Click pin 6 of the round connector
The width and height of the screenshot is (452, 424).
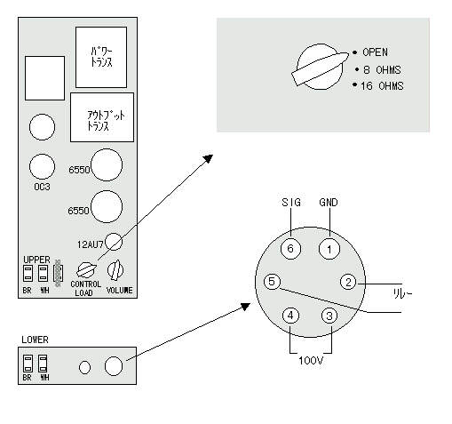[290, 249]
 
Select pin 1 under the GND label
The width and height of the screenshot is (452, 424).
[329, 249]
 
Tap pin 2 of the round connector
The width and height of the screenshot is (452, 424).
[348, 282]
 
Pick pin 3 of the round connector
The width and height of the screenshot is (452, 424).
[329, 316]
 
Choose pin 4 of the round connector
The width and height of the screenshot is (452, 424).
[290, 316]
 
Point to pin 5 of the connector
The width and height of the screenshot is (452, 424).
[272, 282]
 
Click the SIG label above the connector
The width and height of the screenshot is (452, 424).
[291, 203]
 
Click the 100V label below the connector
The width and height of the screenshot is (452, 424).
[311, 361]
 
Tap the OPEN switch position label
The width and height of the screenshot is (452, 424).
[375, 52]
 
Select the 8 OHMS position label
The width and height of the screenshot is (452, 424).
[382, 70]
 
